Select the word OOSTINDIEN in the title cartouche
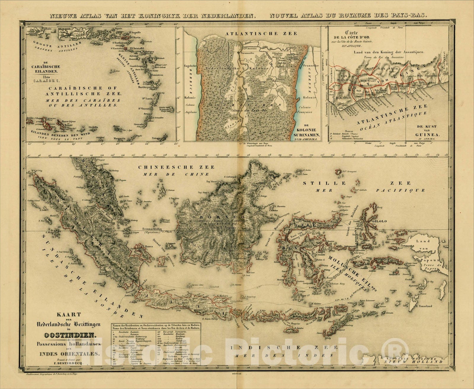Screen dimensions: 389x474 70,336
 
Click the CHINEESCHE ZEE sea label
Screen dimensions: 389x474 177,167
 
